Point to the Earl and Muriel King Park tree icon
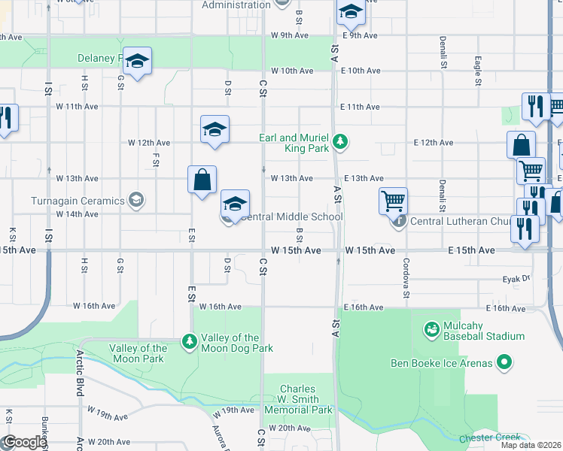[341, 141]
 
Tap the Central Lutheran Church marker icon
[398, 221]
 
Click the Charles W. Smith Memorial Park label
[299, 400]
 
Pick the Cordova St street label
[406, 278]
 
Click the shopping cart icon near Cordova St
[393, 201]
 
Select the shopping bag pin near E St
[202, 180]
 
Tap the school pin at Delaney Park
[137, 62]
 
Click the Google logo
[25, 442]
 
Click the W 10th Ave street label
[292, 71]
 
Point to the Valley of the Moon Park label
[137, 353]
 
